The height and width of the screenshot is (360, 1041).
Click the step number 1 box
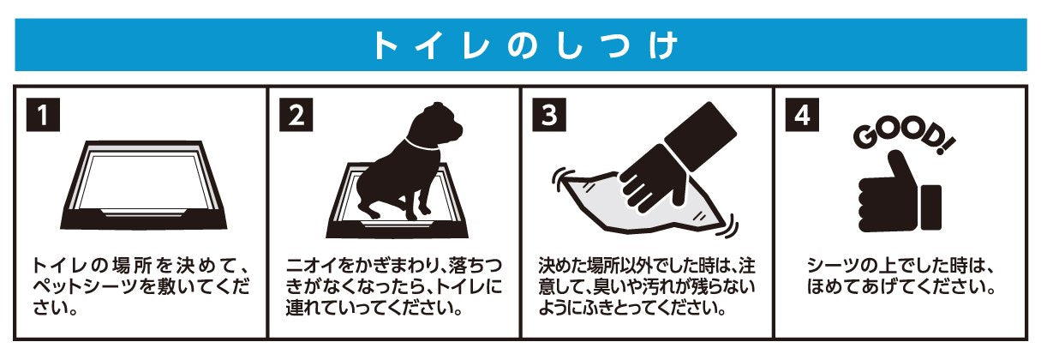43,114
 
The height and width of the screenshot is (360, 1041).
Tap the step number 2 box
296,114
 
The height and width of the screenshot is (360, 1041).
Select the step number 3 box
549,114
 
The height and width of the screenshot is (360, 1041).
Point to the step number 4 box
802,114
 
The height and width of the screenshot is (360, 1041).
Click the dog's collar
421,144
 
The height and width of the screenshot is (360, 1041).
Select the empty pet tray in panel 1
144,184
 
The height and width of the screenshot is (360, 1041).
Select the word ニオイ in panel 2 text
310,266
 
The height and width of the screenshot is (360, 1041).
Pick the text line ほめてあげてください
900,287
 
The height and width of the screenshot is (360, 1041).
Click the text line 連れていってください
374,309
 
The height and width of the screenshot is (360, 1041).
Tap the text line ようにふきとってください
632,309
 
